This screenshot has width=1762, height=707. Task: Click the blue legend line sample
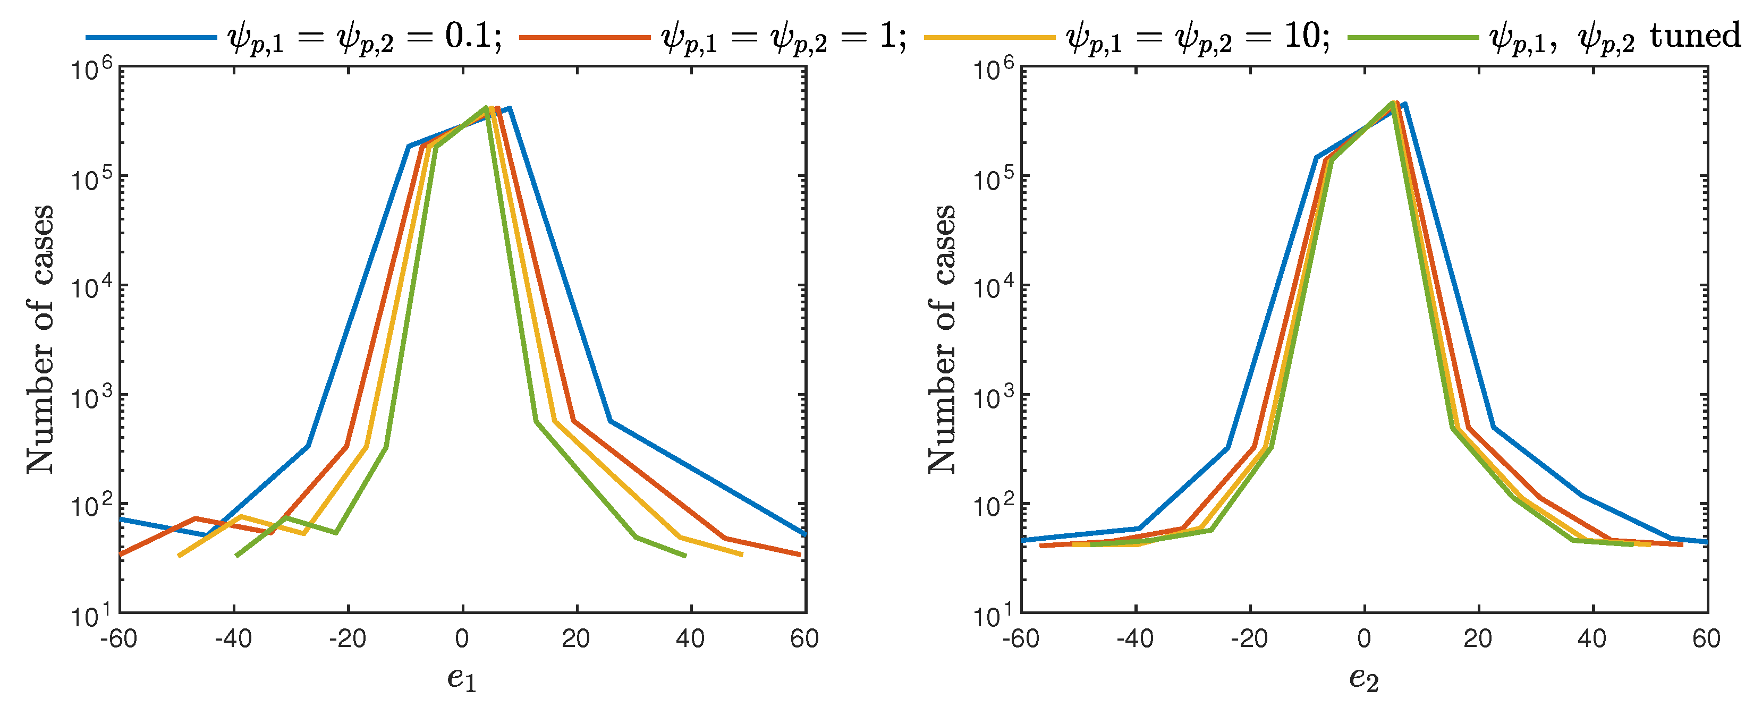coord(150,36)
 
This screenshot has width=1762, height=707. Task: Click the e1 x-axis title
coord(462,679)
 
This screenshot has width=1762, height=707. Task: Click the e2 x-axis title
coord(1364,679)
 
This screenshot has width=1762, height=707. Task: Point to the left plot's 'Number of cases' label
coord(40,339)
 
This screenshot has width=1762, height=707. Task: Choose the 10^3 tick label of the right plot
coord(993,397)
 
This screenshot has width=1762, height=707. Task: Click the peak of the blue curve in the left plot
coord(510,108)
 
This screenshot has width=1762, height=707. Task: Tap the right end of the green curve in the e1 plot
coord(685,556)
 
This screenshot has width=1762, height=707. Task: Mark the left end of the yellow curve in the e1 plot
coord(179,556)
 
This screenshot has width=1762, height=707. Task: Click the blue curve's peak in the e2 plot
coord(1405,104)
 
